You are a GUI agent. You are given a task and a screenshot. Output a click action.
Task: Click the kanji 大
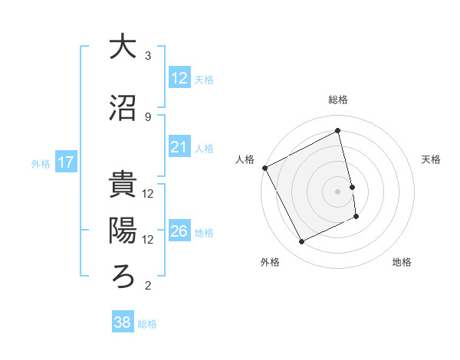pyautogui.click(x=123, y=47)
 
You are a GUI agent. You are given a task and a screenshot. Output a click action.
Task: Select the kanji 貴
pyautogui.click(x=123, y=185)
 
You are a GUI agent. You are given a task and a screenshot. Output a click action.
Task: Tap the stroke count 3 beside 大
pyautogui.click(x=148, y=56)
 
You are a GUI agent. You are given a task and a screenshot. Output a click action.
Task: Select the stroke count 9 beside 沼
pyautogui.click(x=148, y=117)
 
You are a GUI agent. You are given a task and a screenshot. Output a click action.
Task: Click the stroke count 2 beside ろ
pyautogui.click(x=148, y=286)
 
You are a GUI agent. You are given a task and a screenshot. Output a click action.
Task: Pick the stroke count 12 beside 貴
pyautogui.click(x=148, y=194)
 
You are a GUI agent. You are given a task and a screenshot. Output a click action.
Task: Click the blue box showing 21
pyautogui.click(x=179, y=147)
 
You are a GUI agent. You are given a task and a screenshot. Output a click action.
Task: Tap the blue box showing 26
pyautogui.click(x=179, y=231)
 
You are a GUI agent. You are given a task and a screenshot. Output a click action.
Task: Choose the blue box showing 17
pyautogui.click(x=66, y=162)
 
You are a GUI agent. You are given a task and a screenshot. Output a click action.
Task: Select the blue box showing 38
pyautogui.click(x=123, y=322)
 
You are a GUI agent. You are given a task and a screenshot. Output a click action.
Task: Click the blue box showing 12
pyautogui.click(x=179, y=78)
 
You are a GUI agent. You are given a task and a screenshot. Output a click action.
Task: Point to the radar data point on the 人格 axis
pyautogui.click(x=264, y=168)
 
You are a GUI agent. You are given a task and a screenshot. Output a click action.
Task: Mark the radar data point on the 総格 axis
pyautogui.click(x=338, y=131)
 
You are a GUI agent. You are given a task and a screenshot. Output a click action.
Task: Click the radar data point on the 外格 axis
pyautogui.click(x=301, y=242)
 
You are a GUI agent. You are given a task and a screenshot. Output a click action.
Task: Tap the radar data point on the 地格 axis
pyautogui.click(x=357, y=217)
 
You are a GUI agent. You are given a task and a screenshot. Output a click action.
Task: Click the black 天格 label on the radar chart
pyautogui.click(x=432, y=159)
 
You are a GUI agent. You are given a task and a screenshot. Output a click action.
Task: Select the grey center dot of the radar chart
pyautogui.click(x=338, y=191)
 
